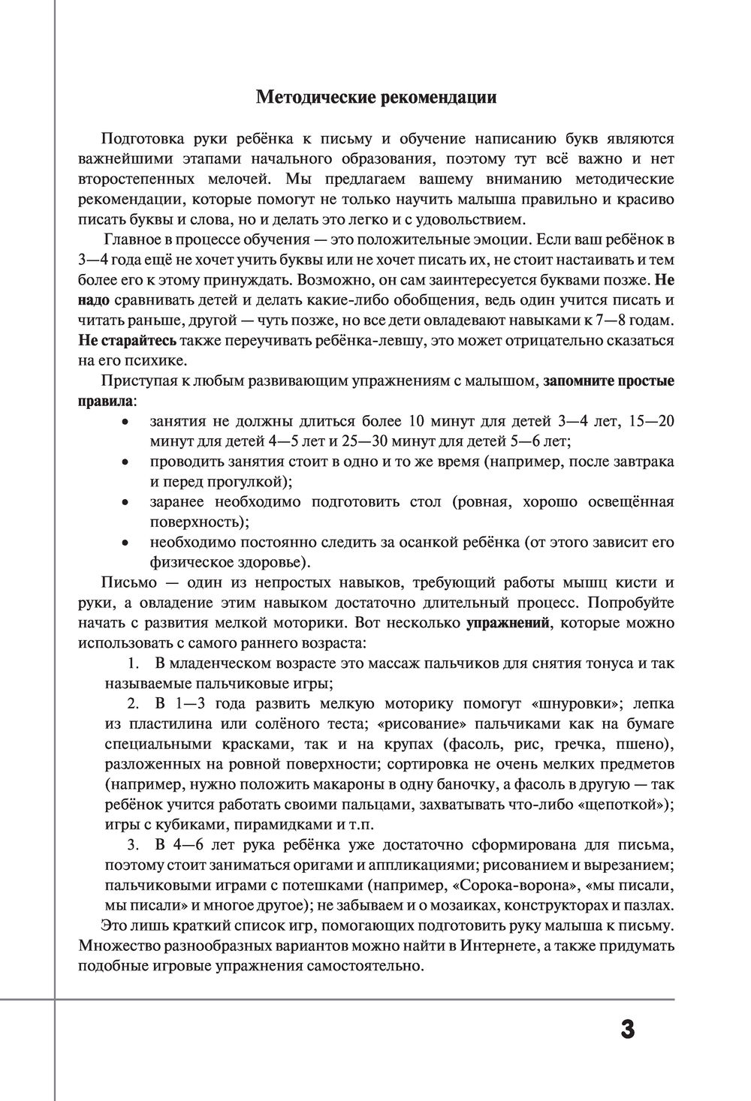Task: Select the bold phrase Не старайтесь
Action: point(127,340)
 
